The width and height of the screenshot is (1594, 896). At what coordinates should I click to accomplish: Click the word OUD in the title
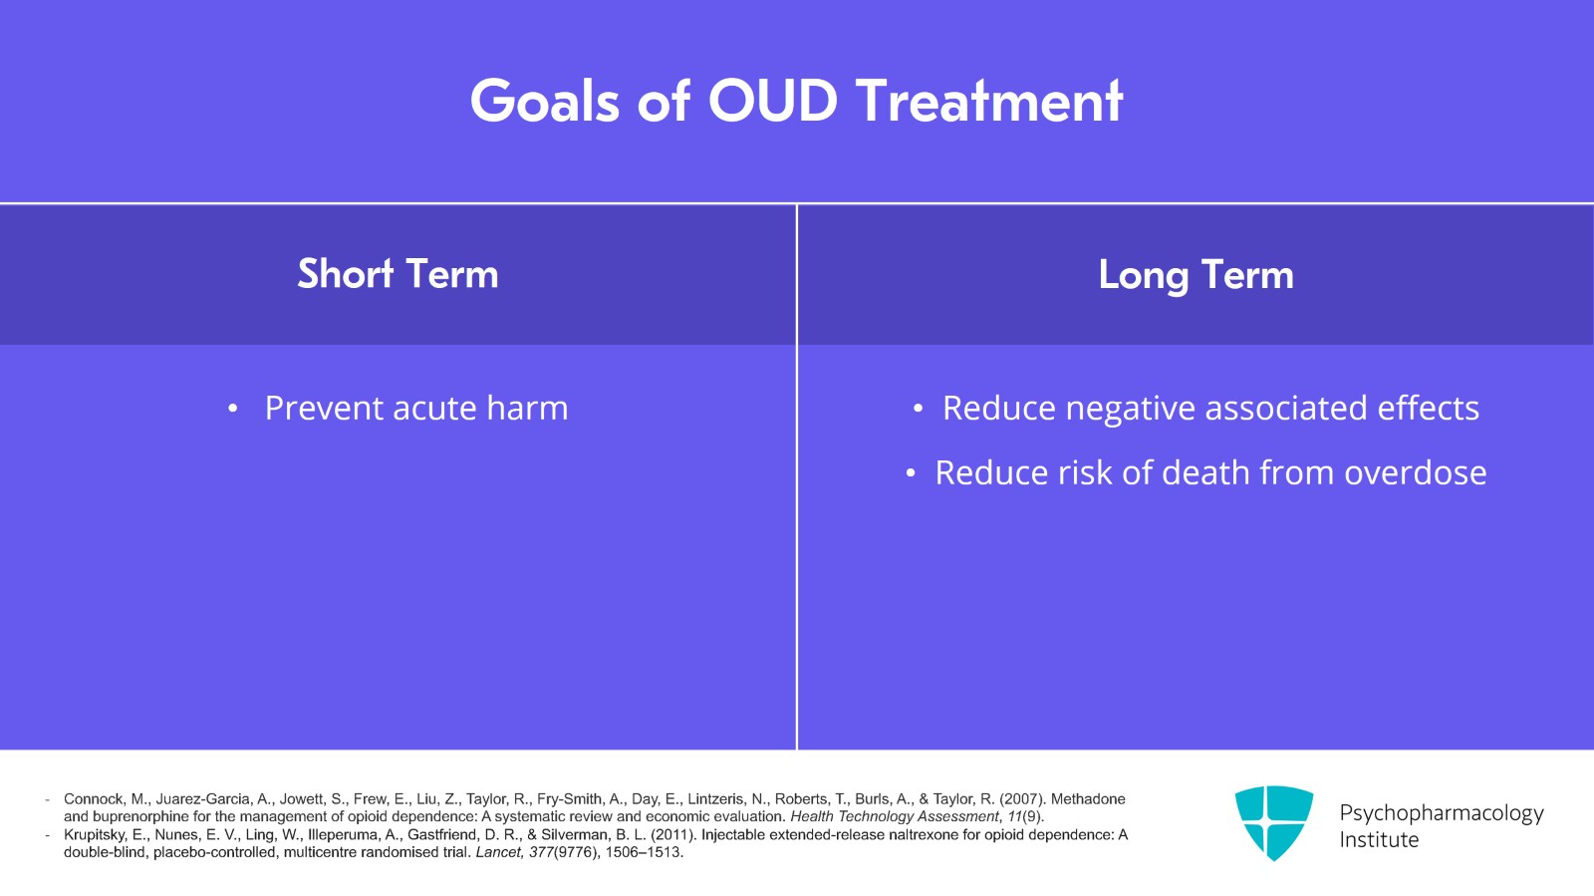[x=773, y=101]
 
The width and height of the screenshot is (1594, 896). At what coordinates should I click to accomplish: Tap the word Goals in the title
[x=544, y=101]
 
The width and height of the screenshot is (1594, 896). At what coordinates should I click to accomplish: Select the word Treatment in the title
[x=990, y=101]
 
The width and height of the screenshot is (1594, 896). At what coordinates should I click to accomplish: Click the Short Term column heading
[x=398, y=274]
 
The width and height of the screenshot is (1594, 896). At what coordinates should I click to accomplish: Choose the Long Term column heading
[x=1196, y=275]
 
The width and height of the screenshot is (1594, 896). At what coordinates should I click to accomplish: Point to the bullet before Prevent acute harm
[x=233, y=409]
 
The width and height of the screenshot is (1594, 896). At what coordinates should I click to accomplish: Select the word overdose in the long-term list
[x=1416, y=472]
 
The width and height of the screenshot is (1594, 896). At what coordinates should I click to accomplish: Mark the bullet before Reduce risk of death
[x=911, y=473]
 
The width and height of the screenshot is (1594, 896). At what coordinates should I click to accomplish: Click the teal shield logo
[x=1274, y=822]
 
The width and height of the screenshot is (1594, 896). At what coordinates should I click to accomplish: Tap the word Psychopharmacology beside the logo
[x=1442, y=813]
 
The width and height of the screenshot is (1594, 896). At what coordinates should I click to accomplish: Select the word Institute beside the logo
[x=1379, y=840]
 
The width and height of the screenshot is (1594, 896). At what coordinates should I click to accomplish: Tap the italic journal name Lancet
[x=499, y=852]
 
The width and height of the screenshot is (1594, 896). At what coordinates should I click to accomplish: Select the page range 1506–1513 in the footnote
[x=643, y=852]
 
